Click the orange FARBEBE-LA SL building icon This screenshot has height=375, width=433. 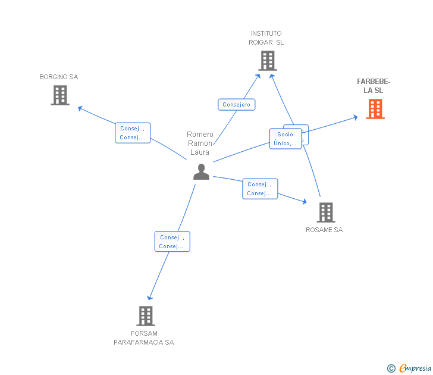click(x=375, y=109)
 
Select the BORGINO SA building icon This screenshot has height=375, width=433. click(x=60, y=95)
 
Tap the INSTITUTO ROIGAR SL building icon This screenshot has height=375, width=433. click(x=267, y=61)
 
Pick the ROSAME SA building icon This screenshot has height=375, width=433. click(x=325, y=212)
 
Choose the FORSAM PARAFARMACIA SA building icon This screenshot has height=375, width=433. click(x=146, y=316)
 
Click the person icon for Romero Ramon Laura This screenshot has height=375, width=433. click(x=202, y=171)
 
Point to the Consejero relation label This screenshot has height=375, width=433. click(x=236, y=105)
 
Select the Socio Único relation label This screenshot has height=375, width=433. click(x=285, y=139)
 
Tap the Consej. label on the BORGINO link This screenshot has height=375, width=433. click(x=132, y=133)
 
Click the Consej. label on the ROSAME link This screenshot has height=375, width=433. click(x=260, y=189)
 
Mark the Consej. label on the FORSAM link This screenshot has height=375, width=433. click(x=172, y=242)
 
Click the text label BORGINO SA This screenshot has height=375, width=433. click(x=58, y=77)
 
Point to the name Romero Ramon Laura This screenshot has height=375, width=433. click(x=200, y=143)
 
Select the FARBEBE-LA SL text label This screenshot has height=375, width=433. click(x=374, y=86)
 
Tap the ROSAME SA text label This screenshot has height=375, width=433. click(x=324, y=230)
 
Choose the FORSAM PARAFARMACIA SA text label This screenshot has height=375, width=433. click(x=144, y=337)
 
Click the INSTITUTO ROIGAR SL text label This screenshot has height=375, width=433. click(x=266, y=38)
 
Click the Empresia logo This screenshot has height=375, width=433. click(x=415, y=368)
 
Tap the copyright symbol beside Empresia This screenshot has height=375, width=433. click(x=391, y=368)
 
